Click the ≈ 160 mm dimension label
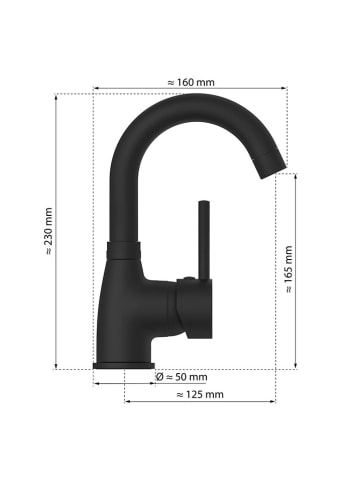point(190,82)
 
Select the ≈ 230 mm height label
point(48,231)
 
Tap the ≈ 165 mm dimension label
point(289,269)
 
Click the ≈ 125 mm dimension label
point(199,395)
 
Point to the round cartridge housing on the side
point(189,304)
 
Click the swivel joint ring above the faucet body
point(120,249)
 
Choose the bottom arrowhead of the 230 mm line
point(56,366)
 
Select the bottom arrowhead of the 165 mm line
point(298,366)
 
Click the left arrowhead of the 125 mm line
point(126,402)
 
